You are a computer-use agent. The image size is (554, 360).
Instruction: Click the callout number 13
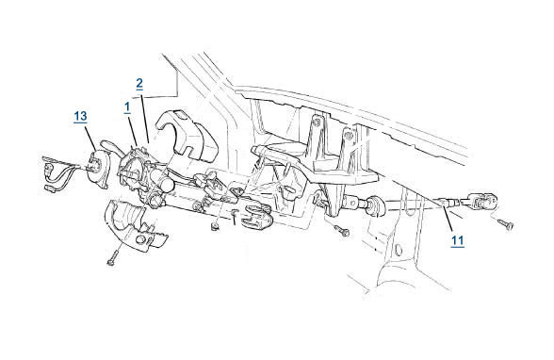pyautogui.click(x=81, y=116)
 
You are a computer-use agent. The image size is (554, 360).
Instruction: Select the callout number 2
pyautogui.click(x=139, y=83)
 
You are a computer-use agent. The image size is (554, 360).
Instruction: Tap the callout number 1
pyautogui.click(x=127, y=107)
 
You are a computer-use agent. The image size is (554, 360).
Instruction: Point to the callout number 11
pyautogui.click(x=458, y=241)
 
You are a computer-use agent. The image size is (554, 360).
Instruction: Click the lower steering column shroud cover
pyautogui.click(x=135, y=225)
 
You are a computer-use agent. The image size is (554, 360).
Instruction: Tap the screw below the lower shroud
pyautogui.click(x=113, y=258)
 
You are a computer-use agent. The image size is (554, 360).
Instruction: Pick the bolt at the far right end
pyautogui.click(x=505, y=224)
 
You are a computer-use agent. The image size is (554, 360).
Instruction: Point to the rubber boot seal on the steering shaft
pyautogui.click(x=376, y=205)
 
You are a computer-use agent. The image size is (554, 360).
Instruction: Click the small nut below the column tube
pyautogui.click(x=214, y=225)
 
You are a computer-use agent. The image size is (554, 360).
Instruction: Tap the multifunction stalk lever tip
pyautogui.click(x=105, y=144)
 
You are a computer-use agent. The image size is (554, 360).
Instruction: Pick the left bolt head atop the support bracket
pyautogui.click(x=318, y=121)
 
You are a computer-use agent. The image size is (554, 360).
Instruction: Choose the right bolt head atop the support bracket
pyautogui.click(x=348, y=134)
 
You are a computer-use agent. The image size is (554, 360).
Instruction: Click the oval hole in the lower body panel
pyautogui.click(x=398, y=250)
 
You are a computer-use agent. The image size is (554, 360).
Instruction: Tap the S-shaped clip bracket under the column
pyautogui.click(x=256, y=216)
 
